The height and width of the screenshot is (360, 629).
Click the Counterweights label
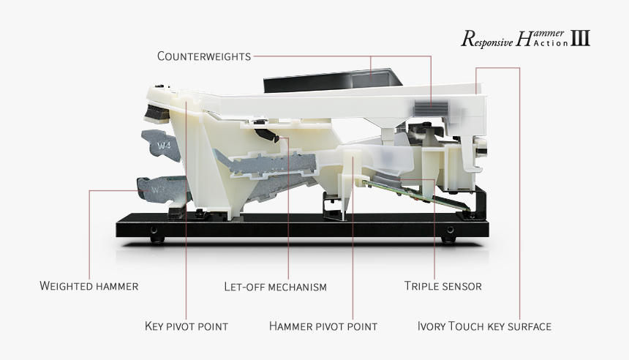pyautogui.click(x=204, y=56)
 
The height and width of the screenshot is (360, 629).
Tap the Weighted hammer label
pyautogui.click(x=88, y=285)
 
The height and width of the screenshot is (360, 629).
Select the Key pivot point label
pyautogui.click(x=186, y=326)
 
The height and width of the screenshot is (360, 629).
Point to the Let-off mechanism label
pyautogui.click(x=275, y=286)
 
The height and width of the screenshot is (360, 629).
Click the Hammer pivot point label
pyautogui.click(x=323, y=326)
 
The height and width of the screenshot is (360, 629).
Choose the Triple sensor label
pyautogui.click(x=442, y=285)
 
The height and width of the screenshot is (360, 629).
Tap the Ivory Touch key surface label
pyautogui.click(x=483, y=326)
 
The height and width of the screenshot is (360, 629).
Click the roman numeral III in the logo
pyautogui.click(x=580, y=39)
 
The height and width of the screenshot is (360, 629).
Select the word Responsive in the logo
pyautogui.click(x=486, y=41)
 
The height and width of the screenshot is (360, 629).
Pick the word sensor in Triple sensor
pyautogui.click(x=462, y=285)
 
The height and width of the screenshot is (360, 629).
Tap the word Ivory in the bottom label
pyautogui.click(x=431, y=326)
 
